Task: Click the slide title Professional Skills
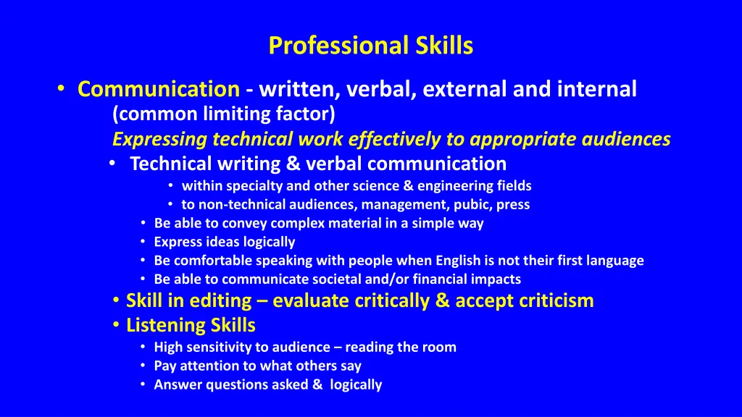pyautogui.click(x=370, y=46)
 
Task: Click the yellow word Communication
pyautogui.click(x=159, y=89)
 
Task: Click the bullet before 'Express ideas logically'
pyautogui.click(x=145, y=242)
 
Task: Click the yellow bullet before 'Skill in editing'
pyautogui.click(x=117, y=300)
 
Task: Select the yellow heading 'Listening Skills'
pyautogui.click(x=191, y=326)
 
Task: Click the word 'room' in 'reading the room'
pyautogui.click(x=441, y=347)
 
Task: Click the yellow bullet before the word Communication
pyautogui.click(x=61, y=89)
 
